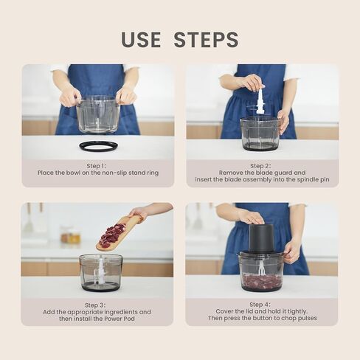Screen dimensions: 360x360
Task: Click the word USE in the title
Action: tap(141, 39)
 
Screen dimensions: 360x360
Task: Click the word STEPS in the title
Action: tap(207, 39)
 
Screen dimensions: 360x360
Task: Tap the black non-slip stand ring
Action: tap(98, 147)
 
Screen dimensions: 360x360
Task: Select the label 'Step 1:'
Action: tap(96, 166)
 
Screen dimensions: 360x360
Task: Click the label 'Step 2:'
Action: tap(260, 166)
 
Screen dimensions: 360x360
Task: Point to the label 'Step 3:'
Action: tap(95, 305)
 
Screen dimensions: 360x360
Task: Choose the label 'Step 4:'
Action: tap(260, 305)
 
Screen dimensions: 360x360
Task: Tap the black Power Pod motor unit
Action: tap(261, 238)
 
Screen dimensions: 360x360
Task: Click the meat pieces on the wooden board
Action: tap(113, 235)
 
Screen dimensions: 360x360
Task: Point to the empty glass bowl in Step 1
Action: tap(98, 115)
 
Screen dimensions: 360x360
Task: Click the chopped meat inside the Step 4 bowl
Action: tap(262, 281)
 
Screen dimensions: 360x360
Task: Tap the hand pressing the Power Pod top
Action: tap(251, 217)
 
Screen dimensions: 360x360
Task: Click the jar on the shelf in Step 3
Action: tap(71, 235)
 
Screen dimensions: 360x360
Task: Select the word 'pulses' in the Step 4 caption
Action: tap(308, 318)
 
